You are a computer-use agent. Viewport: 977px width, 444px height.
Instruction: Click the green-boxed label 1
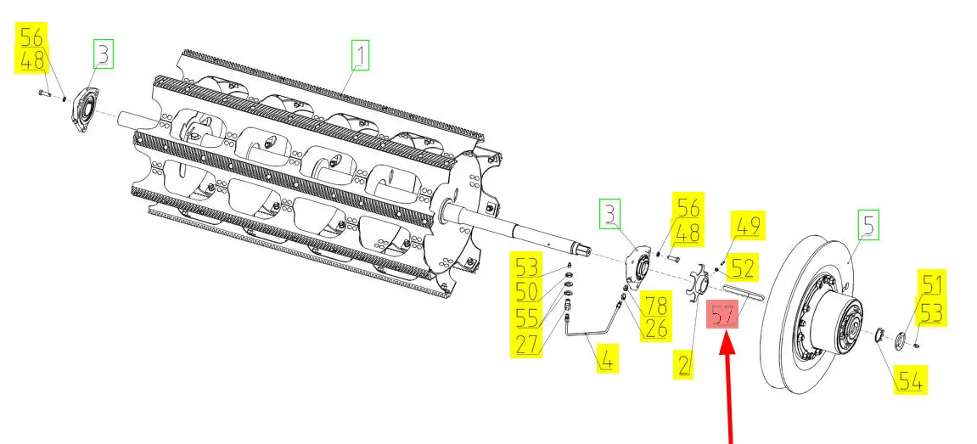tap(362, 57)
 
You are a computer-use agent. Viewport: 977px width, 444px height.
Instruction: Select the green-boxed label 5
tap(868, 226)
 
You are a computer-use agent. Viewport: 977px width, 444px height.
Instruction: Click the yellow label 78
tap(654, 305)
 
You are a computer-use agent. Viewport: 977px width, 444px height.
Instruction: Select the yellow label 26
tap(654, 327)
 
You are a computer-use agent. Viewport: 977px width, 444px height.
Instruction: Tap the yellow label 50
tap(528, 293)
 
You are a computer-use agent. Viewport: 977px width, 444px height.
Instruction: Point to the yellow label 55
tap(528, 318)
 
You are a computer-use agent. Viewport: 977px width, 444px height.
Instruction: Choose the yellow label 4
tap(606, 360)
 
